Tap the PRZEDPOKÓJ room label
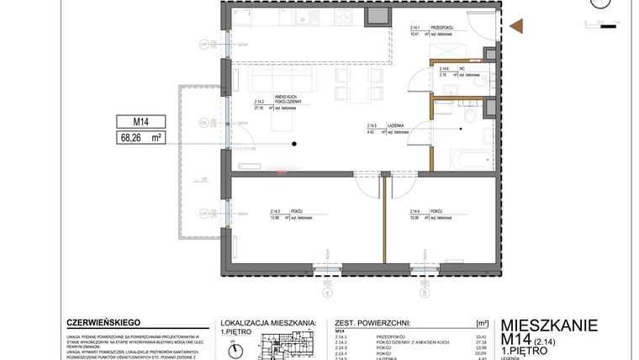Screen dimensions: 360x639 pos(443,29)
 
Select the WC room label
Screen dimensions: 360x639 pos(445,69)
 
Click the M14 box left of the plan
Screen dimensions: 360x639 pos(140,122)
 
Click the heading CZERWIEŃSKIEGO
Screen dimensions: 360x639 pos(103,322)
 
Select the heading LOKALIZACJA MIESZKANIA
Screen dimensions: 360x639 pos(267,322)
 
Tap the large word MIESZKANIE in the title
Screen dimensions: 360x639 pos(548,326)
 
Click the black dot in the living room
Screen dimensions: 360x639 pos(294,145)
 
